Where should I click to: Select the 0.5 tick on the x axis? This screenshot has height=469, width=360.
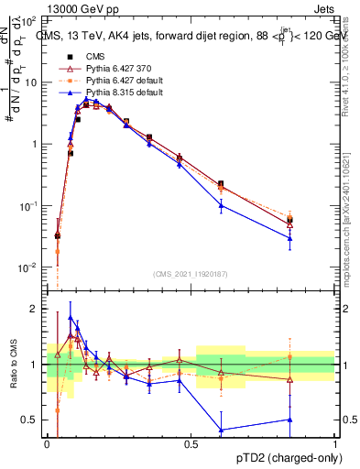tap(191, 442)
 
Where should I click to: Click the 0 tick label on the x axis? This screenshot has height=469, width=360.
tap(47, 442)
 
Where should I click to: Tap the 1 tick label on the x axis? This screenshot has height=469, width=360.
tap(334, 442)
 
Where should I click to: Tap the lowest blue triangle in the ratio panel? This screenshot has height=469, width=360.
tap(221, 429)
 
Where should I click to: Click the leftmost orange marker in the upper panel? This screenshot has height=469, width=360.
tap(58, 251)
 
